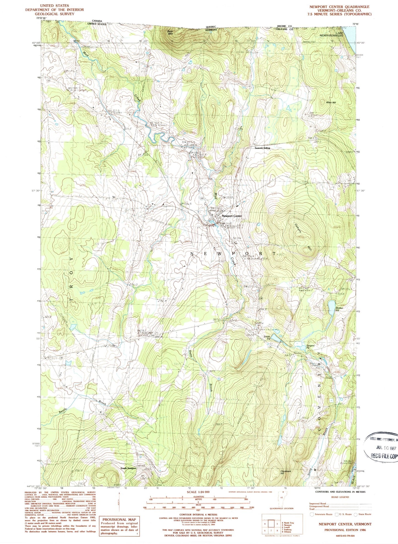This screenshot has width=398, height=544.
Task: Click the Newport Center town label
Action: [x=232, y=216]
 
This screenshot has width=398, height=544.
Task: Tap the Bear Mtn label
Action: [x=170, y=32]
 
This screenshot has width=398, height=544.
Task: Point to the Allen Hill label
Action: [x=331, y=102]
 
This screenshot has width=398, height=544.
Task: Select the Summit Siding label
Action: [x=262, y=148]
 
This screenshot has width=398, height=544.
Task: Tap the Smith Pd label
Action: [x=267, y=338]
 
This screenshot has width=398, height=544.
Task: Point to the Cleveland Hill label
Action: [x=286, y=472]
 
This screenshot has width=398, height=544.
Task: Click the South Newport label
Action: [x=128, y=468]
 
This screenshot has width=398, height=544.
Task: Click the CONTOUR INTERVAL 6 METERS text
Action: [x=198, y=514]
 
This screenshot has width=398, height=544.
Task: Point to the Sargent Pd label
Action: [x=310, y=347]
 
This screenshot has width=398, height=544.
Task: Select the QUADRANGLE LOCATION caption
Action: [x=281, y=508]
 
